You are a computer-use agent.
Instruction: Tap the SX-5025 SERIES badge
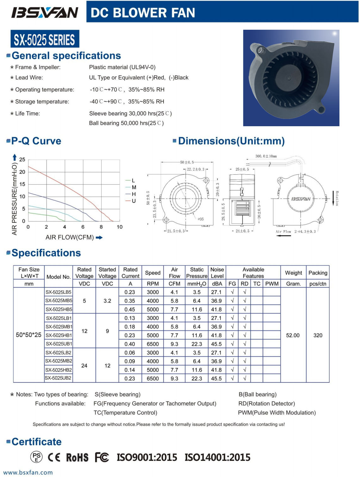(x=45, y=40)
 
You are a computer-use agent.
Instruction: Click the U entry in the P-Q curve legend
(x=133, y=201)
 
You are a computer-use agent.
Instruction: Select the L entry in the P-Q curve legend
(x=133, y=181)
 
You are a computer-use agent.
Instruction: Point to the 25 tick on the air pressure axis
(x=22, y=160)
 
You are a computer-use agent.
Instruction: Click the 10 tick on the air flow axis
(x=120, y=227)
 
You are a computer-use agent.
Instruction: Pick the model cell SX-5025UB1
(x=59, y=344)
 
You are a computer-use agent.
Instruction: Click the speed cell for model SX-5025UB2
(x=152, y=378)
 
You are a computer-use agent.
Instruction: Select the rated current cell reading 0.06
(x=130, y=352)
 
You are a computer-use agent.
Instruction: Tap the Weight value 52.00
(x=293, y=335)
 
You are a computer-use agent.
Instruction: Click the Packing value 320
(x=318, y=335)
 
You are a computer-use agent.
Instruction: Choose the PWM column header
(x=272, y=284)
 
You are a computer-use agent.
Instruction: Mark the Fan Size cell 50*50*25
(x=28, y=335)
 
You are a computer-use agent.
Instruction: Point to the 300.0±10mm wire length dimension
(x=266, y=156)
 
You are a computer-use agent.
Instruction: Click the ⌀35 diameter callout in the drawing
(x=201, y=219)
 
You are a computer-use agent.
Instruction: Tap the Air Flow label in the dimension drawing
(x=283, y=232)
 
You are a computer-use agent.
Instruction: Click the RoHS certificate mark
(x=77, y=457)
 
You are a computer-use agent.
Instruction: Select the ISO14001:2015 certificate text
(x=217, y=457)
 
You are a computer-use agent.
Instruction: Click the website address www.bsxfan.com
(x=28, y=473)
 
